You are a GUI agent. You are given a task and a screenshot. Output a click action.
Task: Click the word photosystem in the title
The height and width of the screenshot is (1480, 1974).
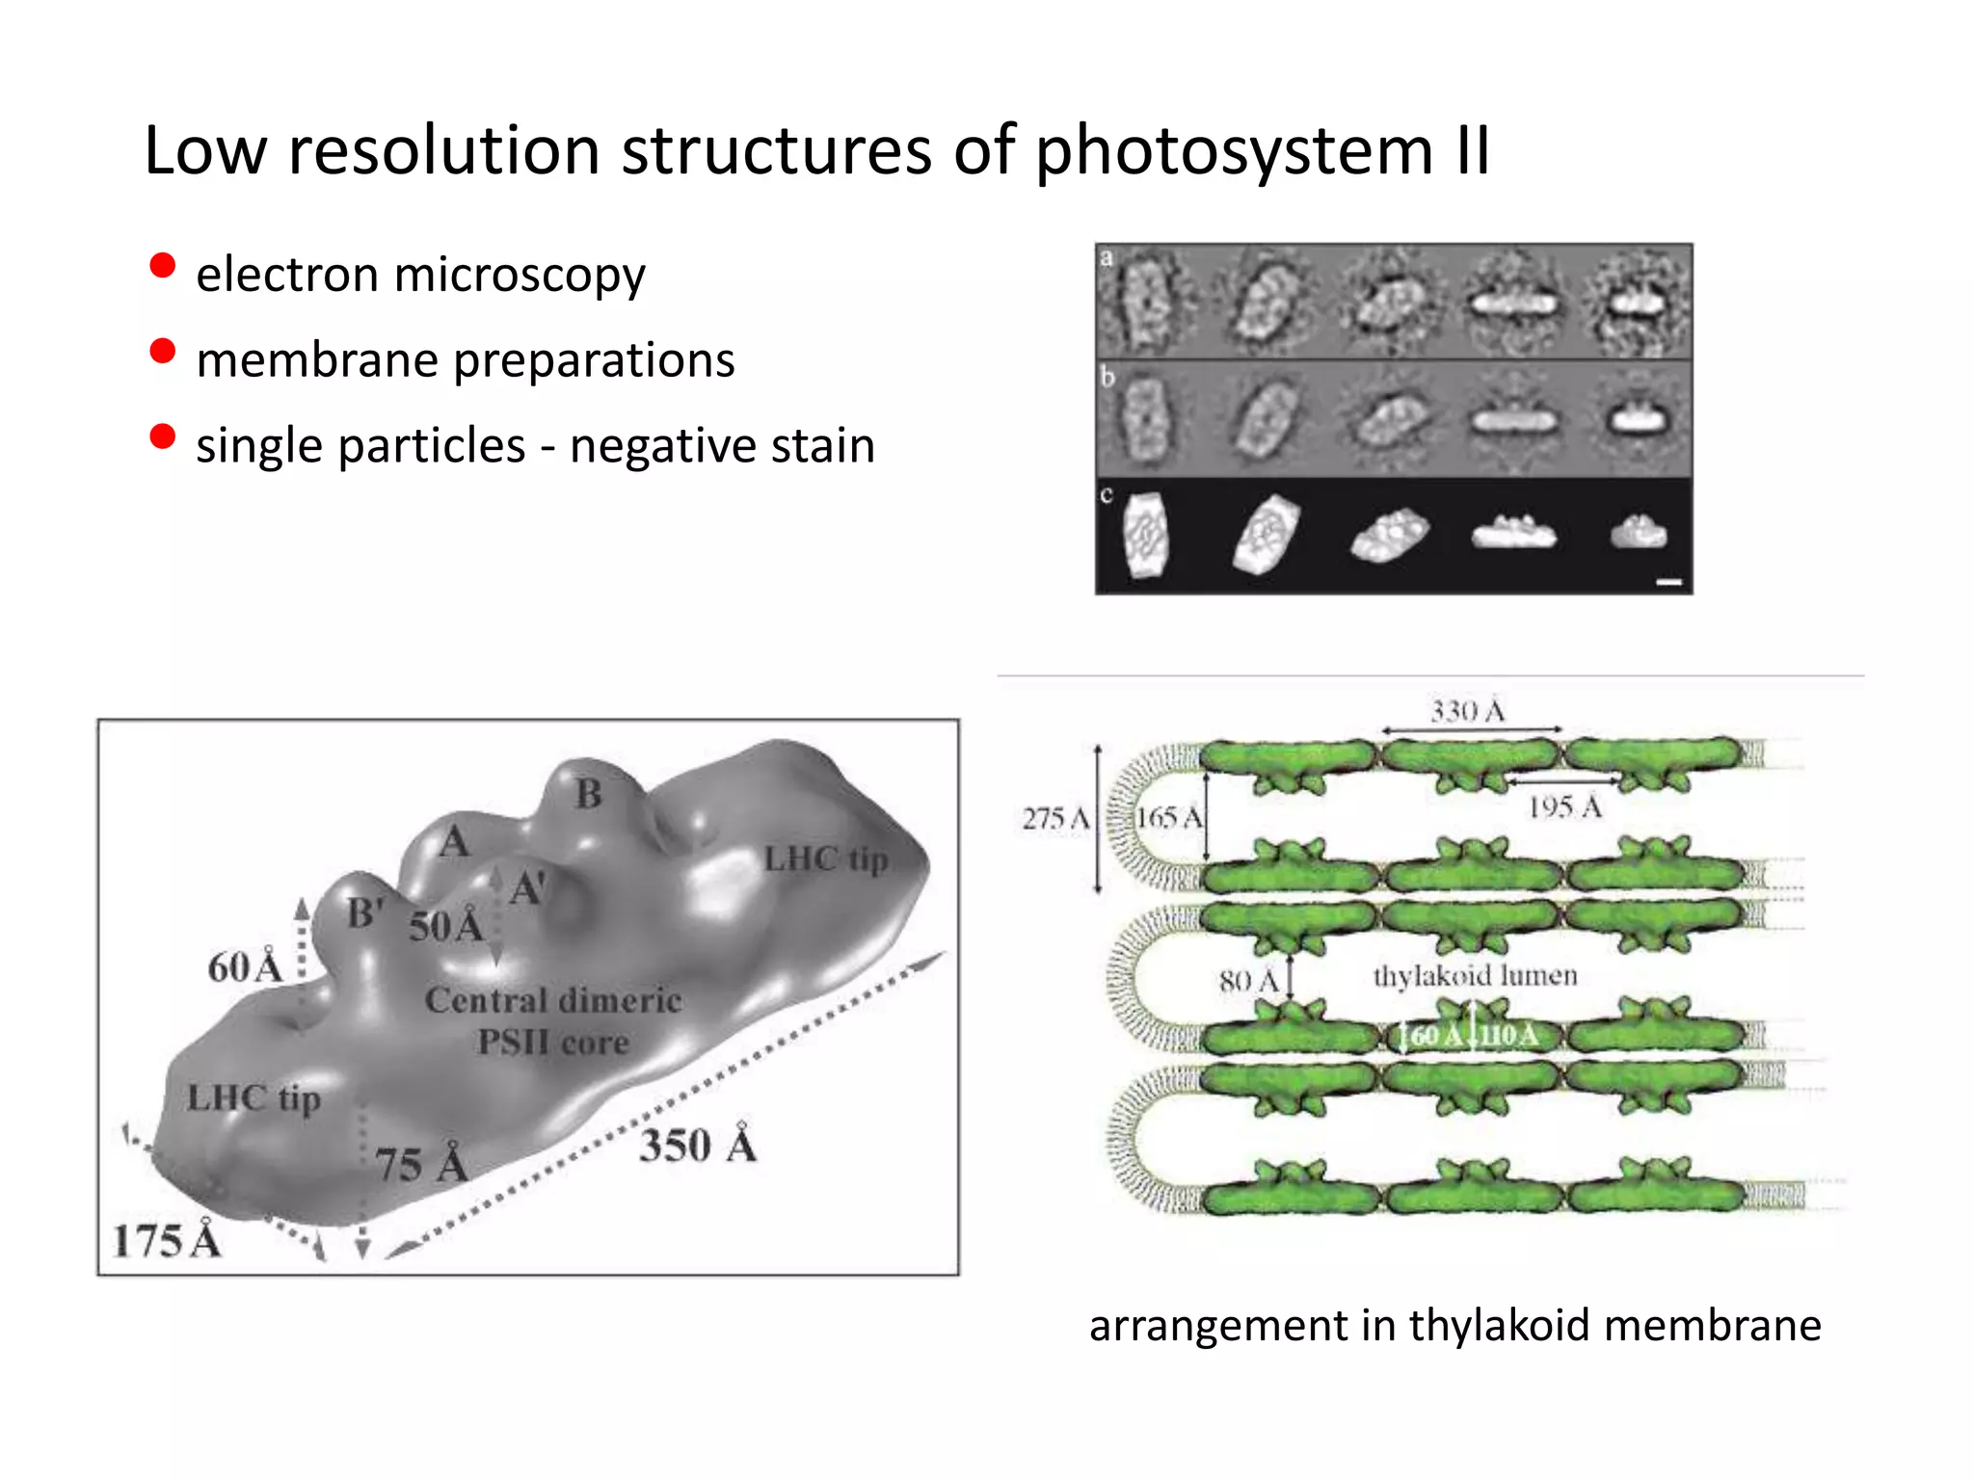1234,152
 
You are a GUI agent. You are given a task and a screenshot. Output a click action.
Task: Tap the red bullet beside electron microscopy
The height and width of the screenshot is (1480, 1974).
163,266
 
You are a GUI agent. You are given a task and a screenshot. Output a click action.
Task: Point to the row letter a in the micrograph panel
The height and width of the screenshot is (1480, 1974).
1107,257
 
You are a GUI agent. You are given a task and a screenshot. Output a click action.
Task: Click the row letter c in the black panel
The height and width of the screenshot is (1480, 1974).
1107,495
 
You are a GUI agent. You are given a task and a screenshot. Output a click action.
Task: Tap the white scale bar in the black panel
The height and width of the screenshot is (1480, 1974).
1668,582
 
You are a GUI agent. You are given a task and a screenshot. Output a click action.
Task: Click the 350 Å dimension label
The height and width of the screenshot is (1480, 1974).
698,1146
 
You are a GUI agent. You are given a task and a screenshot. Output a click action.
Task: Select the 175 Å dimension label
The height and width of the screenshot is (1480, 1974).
167,1240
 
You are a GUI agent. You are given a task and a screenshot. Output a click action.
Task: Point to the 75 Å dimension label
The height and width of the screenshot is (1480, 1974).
421,1164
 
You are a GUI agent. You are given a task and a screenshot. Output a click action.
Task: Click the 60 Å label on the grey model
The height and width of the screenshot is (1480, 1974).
245,967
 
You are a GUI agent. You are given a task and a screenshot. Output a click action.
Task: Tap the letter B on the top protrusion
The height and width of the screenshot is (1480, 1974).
588,795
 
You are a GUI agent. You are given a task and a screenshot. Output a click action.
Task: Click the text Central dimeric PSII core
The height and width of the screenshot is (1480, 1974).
553,1020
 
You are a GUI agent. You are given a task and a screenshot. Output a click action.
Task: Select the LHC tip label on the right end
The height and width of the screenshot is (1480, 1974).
825,859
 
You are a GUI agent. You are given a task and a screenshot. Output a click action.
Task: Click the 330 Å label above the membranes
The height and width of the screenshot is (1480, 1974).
1467,712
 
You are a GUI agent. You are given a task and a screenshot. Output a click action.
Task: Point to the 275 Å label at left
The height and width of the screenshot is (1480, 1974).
1055,819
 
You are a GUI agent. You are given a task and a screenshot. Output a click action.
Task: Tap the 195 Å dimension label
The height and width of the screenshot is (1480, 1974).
1564,807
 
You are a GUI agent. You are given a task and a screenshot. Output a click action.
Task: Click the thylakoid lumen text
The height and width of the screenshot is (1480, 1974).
1475,976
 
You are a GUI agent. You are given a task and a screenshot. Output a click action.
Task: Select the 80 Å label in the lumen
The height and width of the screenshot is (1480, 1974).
1248,981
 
